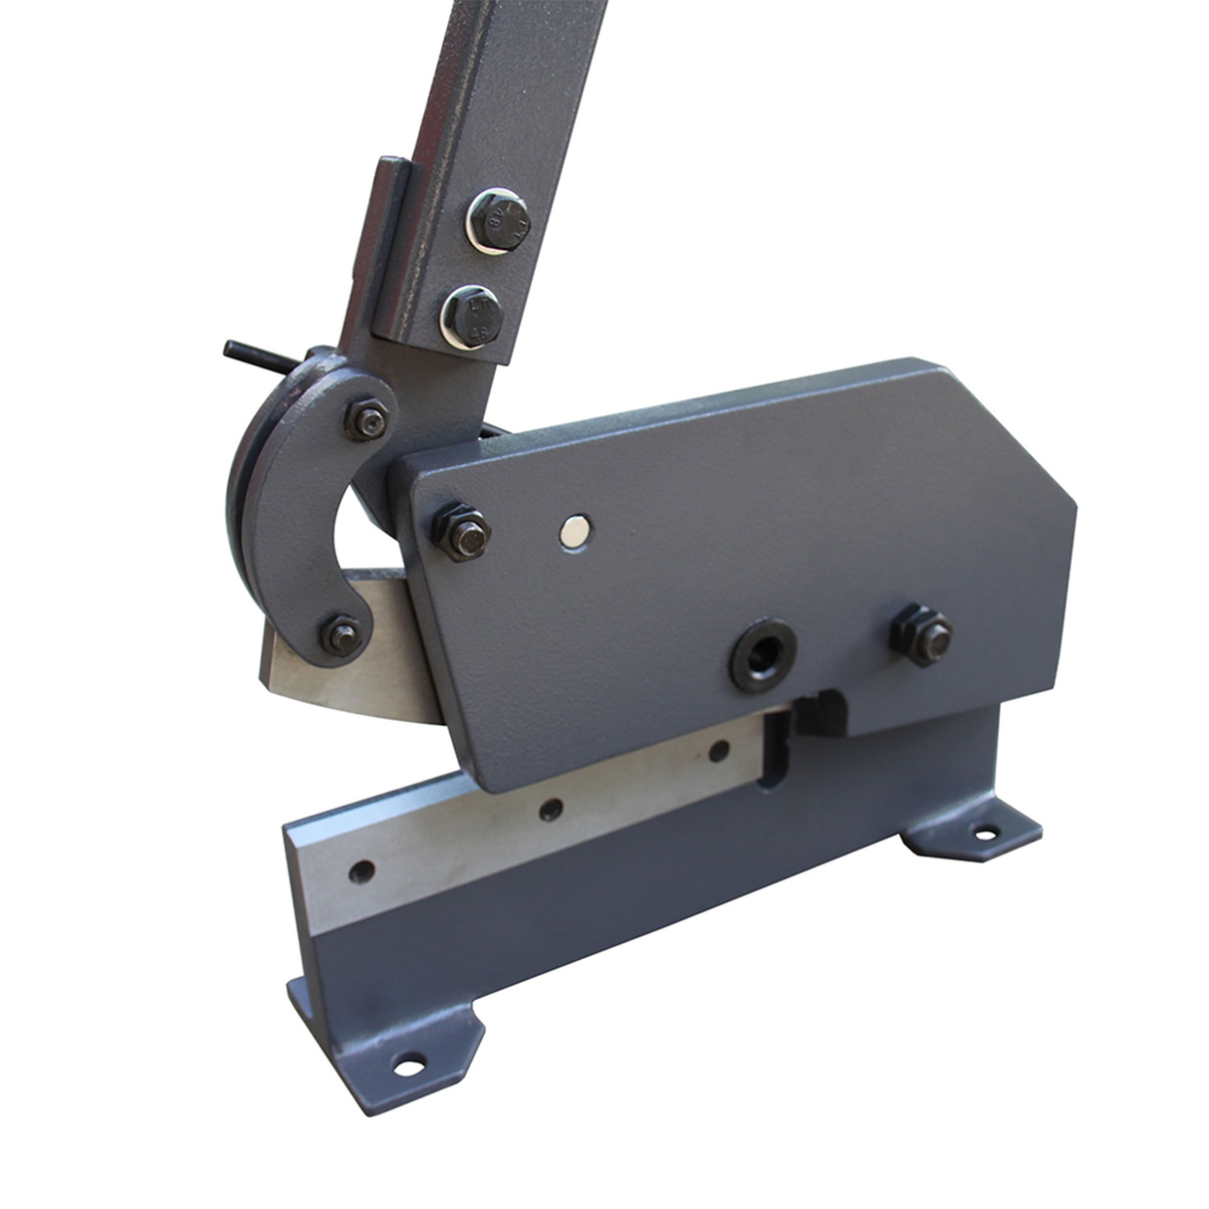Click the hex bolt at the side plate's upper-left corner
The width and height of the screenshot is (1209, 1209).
click(464, 533)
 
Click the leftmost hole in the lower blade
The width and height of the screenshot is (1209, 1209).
click(363, 871)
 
